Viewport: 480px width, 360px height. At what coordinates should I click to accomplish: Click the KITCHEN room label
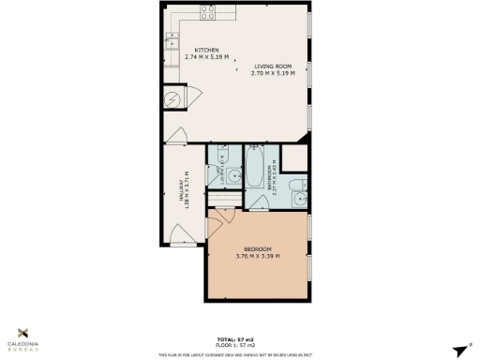[207, 50]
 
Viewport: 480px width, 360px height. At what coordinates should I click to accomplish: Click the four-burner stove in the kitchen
[206, 12]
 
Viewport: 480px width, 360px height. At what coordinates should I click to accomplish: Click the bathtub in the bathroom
[256, 172]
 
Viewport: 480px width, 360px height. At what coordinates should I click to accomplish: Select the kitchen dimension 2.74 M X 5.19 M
[207, 57]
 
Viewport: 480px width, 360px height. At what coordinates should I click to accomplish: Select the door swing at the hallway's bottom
[185, 235]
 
